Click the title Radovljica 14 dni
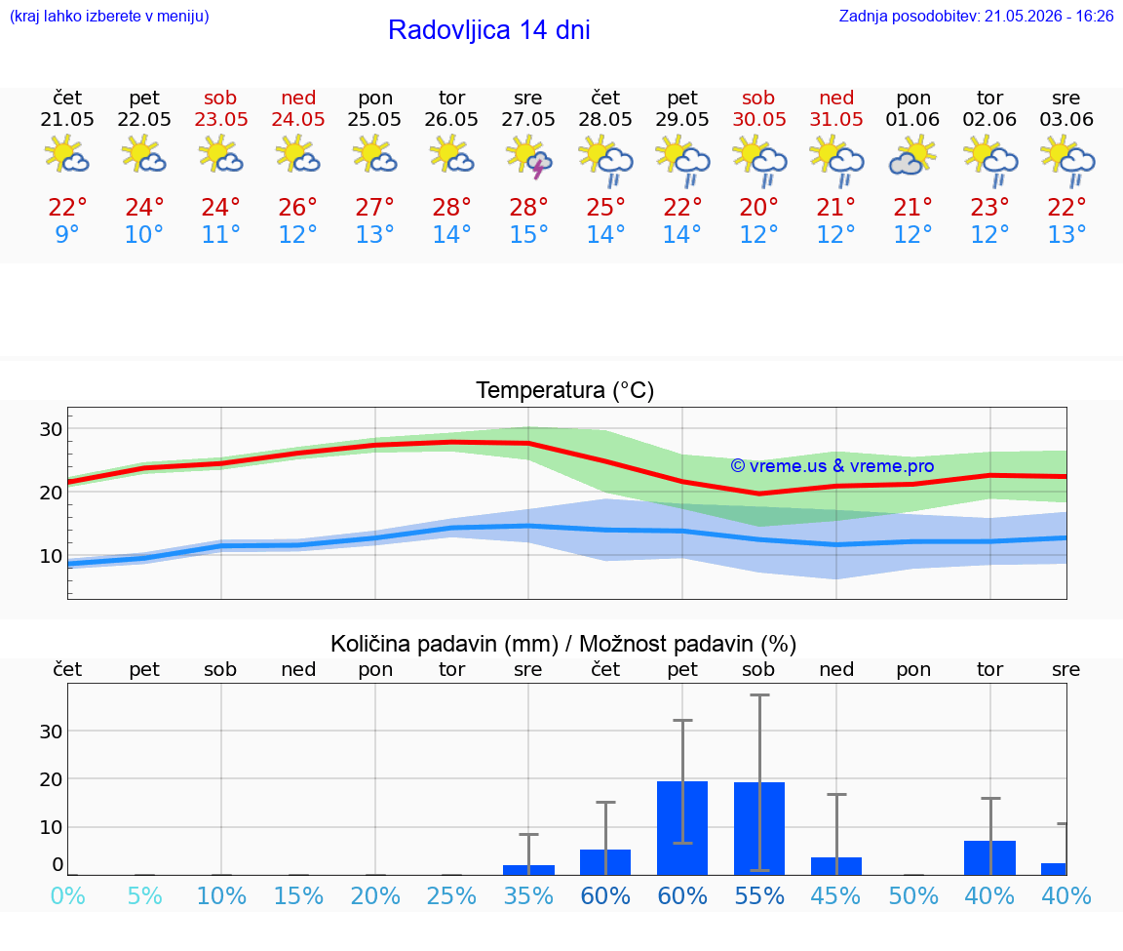click(489, 30)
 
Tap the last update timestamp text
click(976, 16)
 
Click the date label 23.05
click(221, 119)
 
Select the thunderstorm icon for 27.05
click(528, 158)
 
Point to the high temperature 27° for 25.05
click(374, 207)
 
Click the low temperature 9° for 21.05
click(66, 234)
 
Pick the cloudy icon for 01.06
click(912, 157)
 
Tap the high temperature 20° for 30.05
click(759, 207)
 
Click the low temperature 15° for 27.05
click(528, 234)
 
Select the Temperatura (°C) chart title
click(565, 390)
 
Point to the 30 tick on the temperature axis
click(51, 429)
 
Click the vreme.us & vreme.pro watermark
click(833, 466)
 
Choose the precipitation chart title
click(562, 644)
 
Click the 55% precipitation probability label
click(759, 895)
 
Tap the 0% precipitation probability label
click(67, 895)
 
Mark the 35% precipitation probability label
click(528, 895)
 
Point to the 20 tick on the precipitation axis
click(51, 779)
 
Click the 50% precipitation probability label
click(913, 895)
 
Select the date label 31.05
click(836, 119)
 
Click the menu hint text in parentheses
click(109, 16)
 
